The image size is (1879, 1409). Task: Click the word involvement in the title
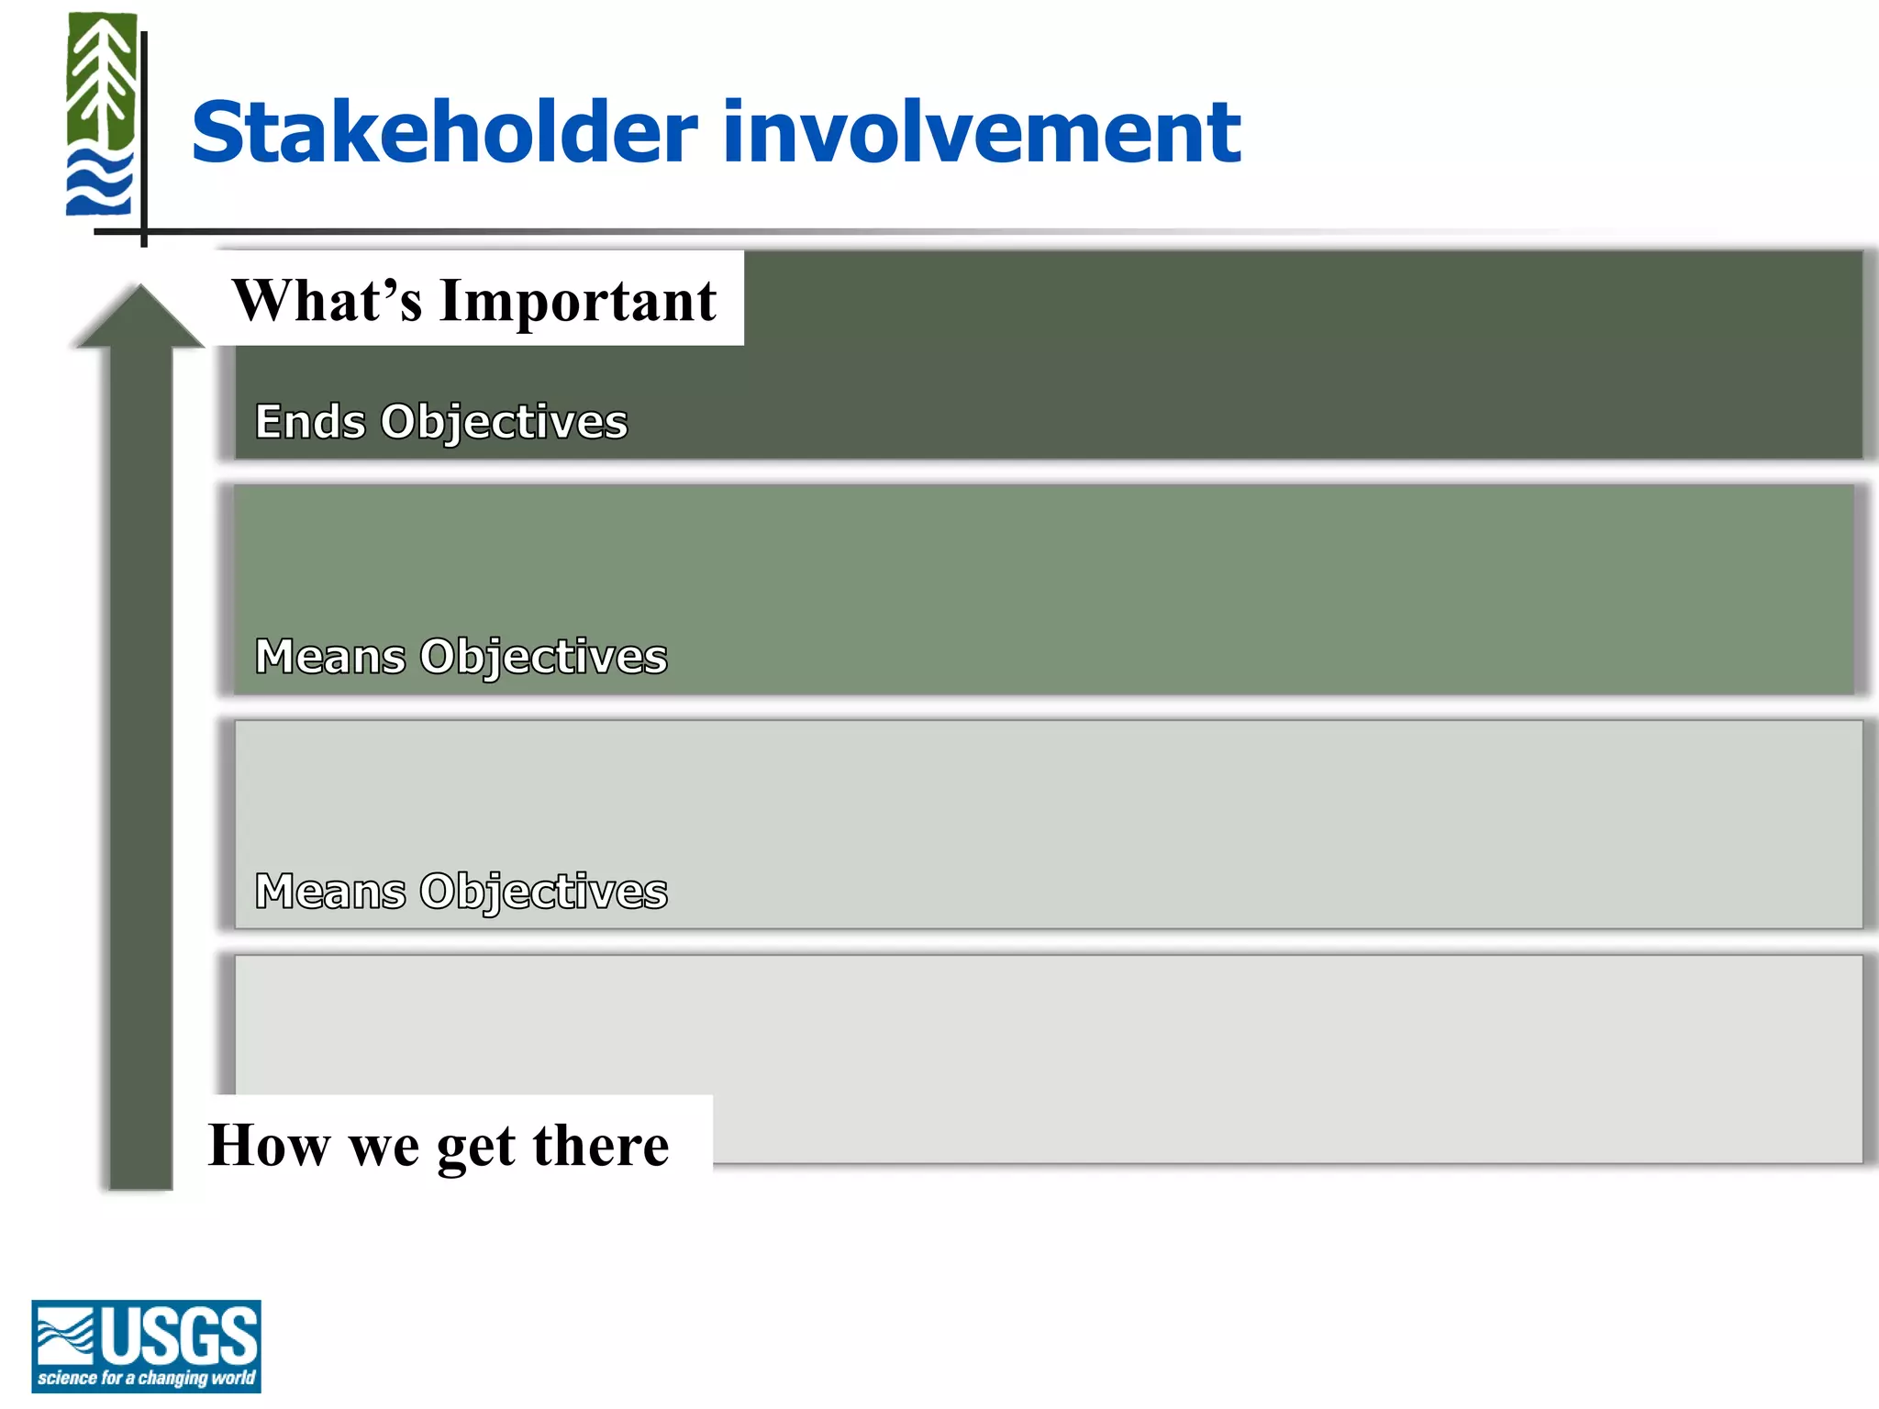click(x=982, y=133)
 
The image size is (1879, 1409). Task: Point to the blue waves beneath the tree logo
click(x=99, y=183)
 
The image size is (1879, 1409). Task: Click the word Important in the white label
click(x=578, y=301)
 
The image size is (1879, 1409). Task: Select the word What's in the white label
click(x=327, y=301)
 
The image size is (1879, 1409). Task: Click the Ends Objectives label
click(x=440, y=422)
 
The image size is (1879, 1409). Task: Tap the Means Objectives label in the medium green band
click(x=461, y=657)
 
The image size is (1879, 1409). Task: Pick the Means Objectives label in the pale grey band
click(x=461, y=892)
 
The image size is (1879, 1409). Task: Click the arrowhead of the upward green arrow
click(x=139, y=317)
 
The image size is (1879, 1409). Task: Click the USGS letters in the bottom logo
click(x=179, y=1336)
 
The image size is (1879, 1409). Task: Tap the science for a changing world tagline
click(x=146, y=1378)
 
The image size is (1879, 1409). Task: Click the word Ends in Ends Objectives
click(x=310, y=422)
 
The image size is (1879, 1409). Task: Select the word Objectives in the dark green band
click(x=504, y=422)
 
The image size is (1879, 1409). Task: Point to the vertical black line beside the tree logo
click(x=144, y=138)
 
